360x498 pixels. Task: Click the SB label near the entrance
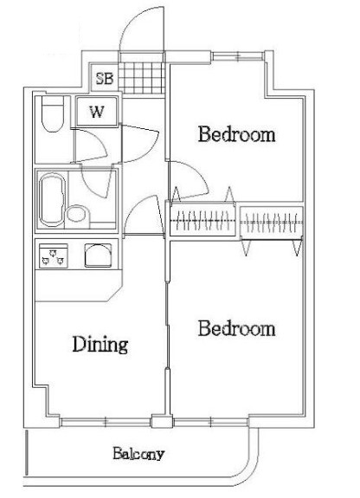pos(105,78)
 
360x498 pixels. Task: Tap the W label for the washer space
pos(97,112)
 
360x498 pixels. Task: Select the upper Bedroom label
pos(236,134)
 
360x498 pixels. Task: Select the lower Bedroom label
pos(236,328)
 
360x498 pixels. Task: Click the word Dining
pos(100,345)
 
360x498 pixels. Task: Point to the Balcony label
pos(138,454)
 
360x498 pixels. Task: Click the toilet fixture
pos(53,113)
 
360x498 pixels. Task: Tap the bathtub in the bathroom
pos(52,199)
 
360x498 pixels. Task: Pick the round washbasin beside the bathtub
pos(77,214)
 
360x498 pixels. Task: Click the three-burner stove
pos(54,255)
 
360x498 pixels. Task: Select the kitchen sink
pos(98,255)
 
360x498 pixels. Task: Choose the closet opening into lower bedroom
pos(272,223)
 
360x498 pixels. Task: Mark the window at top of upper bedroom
pos(238,56)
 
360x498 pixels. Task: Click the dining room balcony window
pos(105,422)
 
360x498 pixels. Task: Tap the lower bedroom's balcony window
pos(210,422)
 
